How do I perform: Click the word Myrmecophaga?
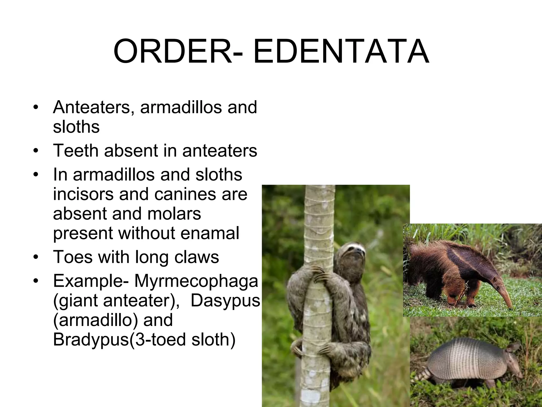point(196,281)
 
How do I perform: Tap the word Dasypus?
point(225,300)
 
